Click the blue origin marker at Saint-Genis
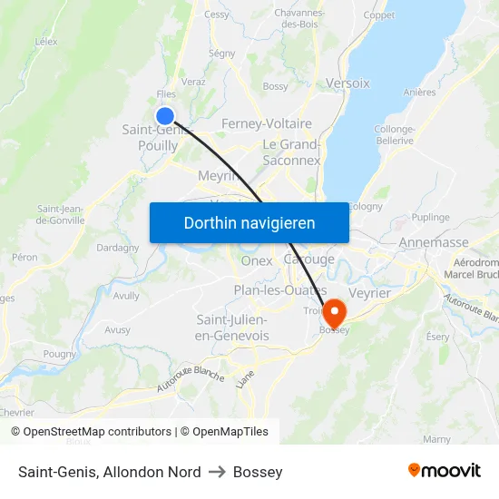point(165,115)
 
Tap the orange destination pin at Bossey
point(334,312)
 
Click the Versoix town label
point(347,83)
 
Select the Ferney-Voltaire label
point(267,123)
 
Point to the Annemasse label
point(434,242)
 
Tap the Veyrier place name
point(369,293)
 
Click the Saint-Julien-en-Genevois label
point(232,328)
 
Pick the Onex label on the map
point(257,260)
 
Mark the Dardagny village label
point(118,247)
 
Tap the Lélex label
point(45,42)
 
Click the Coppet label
point(379,15)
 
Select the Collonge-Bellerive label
point(395,134)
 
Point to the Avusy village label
point(117,330)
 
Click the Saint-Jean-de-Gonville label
point(61,214)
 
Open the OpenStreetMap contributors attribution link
point(97,432)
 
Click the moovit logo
point(444,471)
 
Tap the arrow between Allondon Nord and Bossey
point(217,472)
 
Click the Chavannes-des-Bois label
point(298,18)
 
